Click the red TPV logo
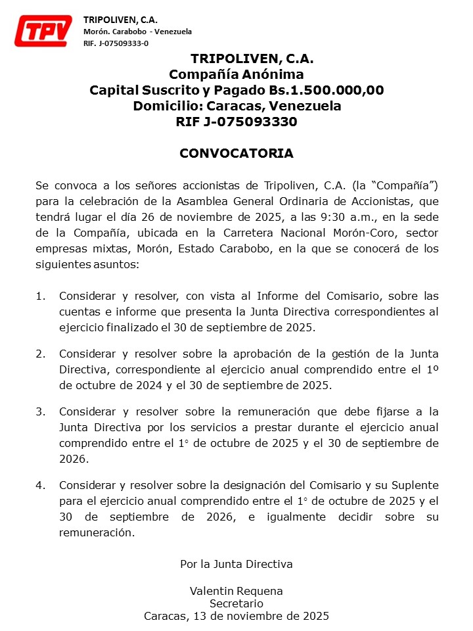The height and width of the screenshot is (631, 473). pyautogui.click(x=43, y=31)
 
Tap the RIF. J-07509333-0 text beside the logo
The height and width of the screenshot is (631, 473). pyautogui.click(x=116, y=43)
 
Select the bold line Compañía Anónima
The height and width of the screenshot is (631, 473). pyautogui.click(x=236, y=74)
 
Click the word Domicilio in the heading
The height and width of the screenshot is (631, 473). pyautogui.click(x=168, y=106)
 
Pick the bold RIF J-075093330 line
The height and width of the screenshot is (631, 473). pyautogui.click(x=236, y=122)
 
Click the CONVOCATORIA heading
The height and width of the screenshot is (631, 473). pyautogui.click(x=236, y=154)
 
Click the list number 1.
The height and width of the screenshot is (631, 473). pyautogui.click(x=40, y=296)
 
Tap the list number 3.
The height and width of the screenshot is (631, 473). pyautogui.click(x=40, y=411)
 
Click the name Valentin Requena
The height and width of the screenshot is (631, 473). pyautogui.click(x=236, y=591)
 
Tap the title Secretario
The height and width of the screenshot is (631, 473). pyautogui.click(x=236, y=603)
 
